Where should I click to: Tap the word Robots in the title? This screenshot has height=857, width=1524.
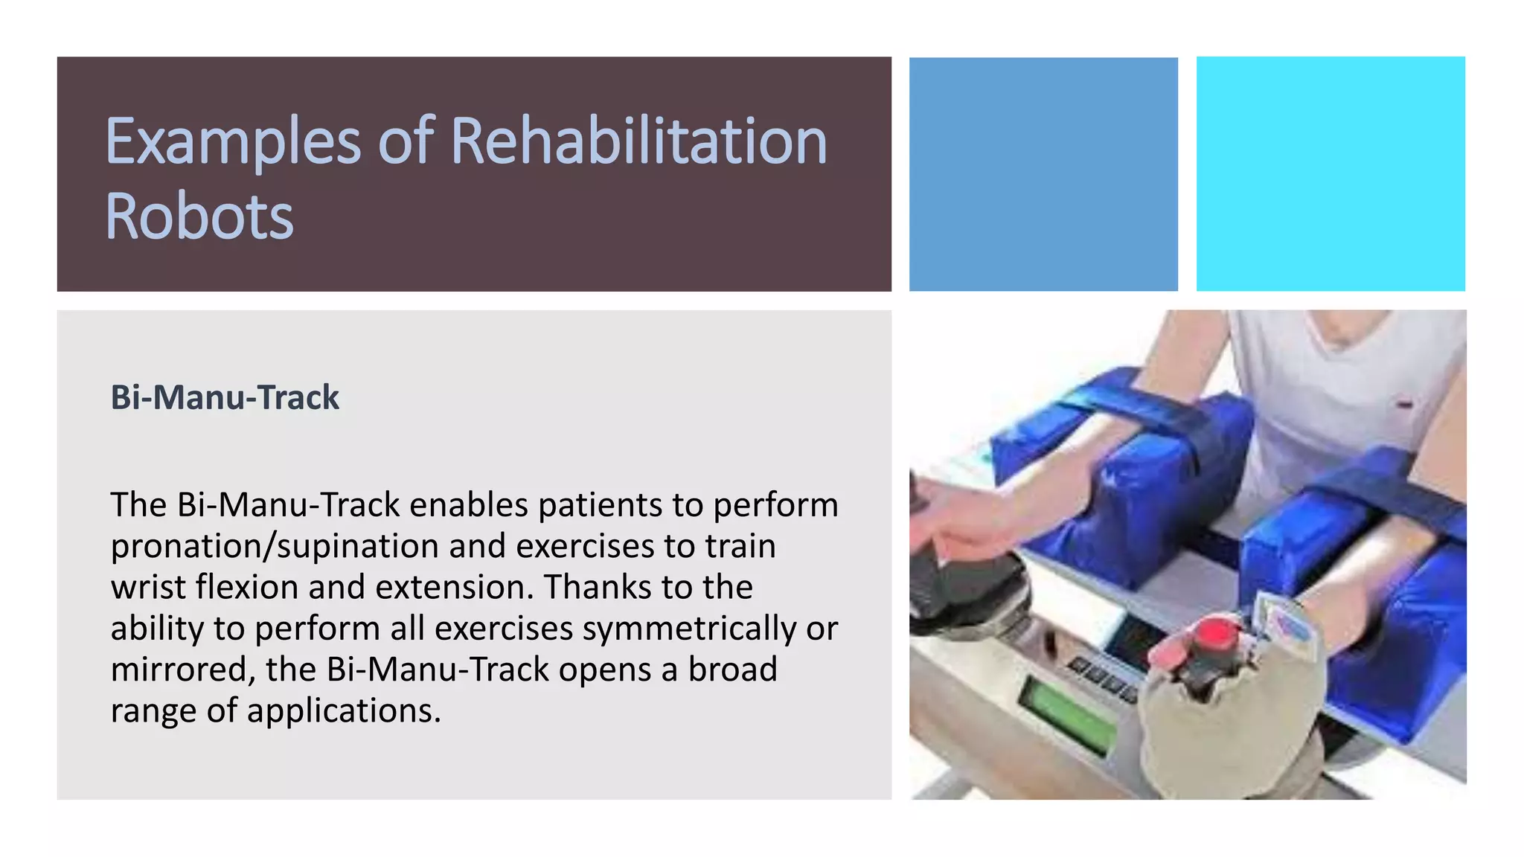(x=199, y=216)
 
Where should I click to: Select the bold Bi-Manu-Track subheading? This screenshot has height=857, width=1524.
(x=225, y=397)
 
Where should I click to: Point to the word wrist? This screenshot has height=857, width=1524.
(x=148, y=588)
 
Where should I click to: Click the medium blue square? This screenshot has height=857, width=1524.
(x=1043, y=173)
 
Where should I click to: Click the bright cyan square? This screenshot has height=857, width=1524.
(x=1331, y=173)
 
